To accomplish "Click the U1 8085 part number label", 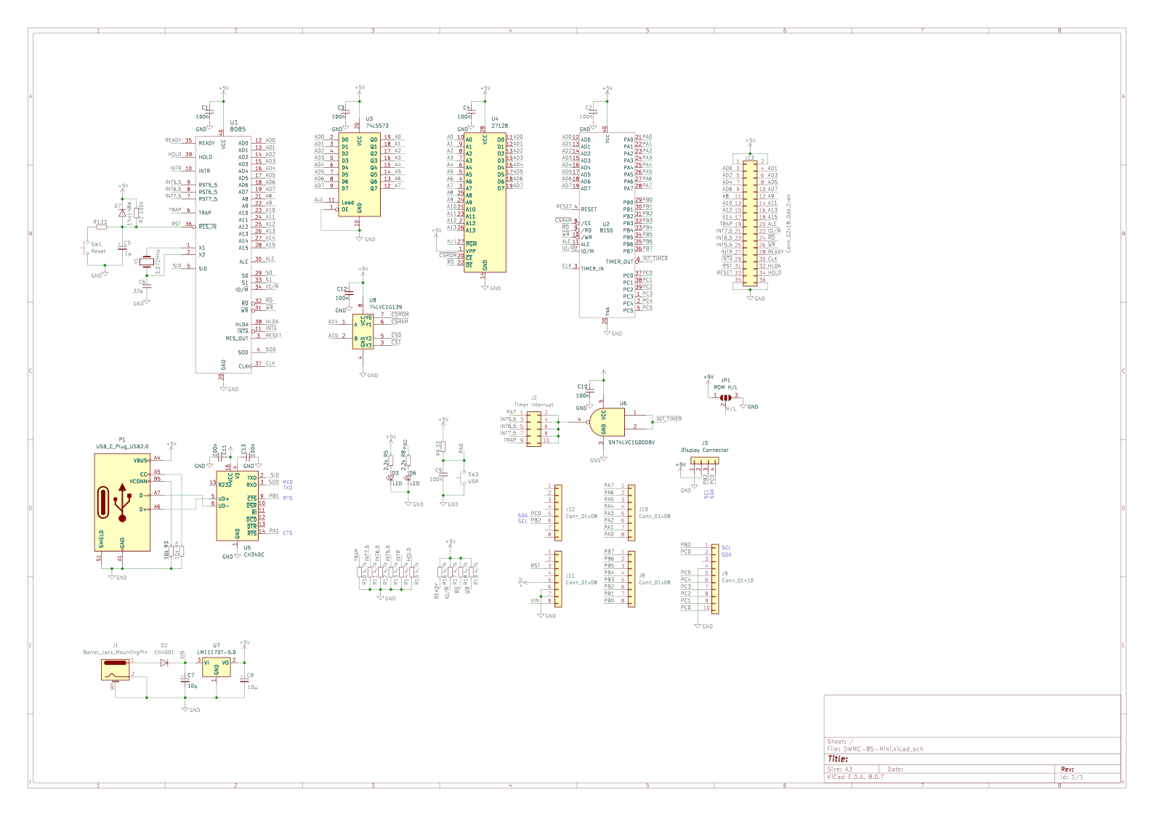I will tap(238, 129).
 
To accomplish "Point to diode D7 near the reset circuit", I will tap(121, 214).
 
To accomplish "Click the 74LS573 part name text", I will tap(376, 126).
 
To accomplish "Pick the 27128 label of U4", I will tap(499, 126).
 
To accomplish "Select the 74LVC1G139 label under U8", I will tap(385, 307).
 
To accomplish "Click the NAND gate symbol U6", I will tap(608, 422).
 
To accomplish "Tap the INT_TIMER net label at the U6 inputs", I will tap(669, 419).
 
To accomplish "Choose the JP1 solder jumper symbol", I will tap(725, 397).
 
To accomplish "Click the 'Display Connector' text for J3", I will tap(704, 451).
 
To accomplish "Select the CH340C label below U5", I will tap(254, 554).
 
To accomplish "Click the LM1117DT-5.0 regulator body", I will tap(216, 666).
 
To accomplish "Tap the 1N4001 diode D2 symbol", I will tap(164, 662).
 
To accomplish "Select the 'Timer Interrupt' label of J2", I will tap(533, 405).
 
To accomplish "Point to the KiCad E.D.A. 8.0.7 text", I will tap(855, 777).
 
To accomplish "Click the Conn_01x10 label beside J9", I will tap(737, 581).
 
